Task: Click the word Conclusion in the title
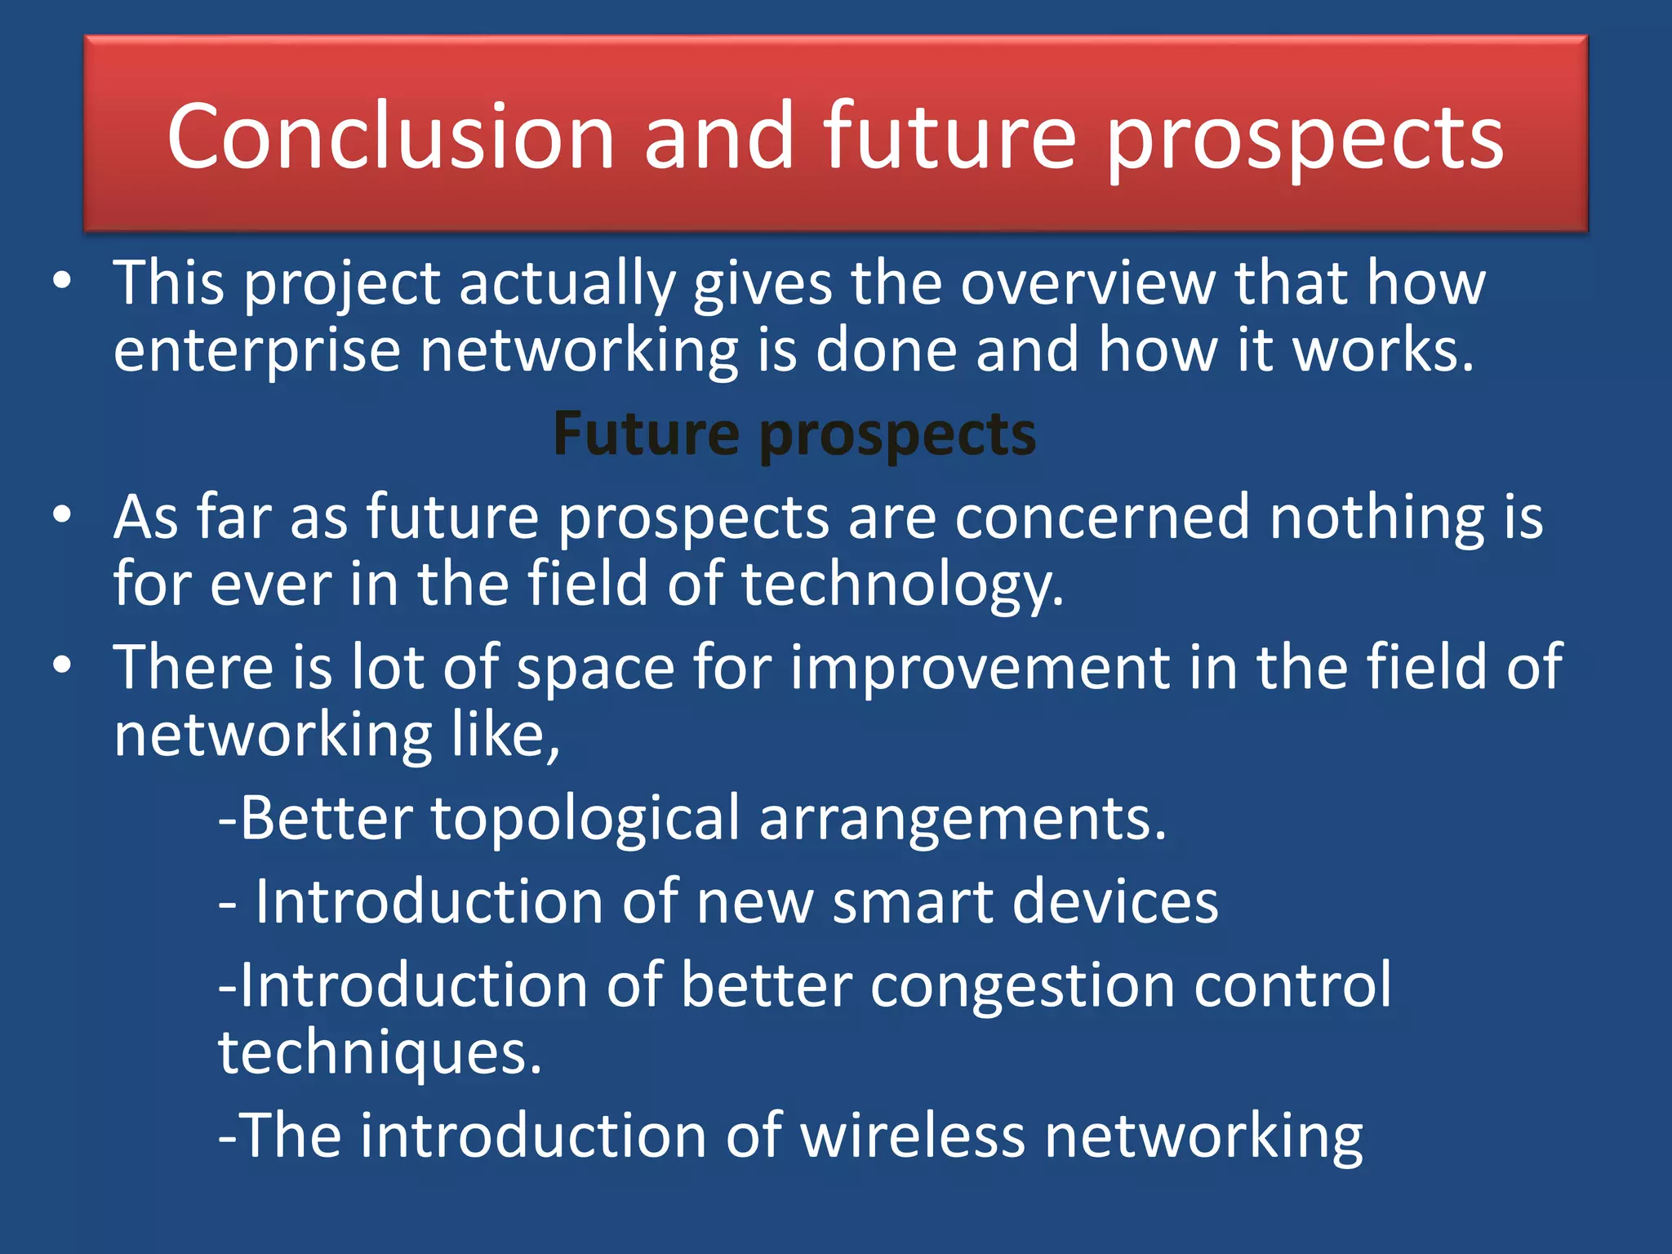[x=390, y=136]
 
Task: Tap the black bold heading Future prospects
[x=794, y=434]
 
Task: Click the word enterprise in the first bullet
[x=256, y=351]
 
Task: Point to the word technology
[x=902, y=585]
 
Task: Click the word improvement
[x=980, y=667]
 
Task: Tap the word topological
[x=585, y=819]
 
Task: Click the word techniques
[x=380, y=1053]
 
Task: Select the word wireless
[x=912, y=1136]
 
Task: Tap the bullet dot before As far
[x=62, y=515]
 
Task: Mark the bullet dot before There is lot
[x=62, y=665]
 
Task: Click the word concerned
[x=1101, y=518]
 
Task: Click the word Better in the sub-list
[x=327, y=818]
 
